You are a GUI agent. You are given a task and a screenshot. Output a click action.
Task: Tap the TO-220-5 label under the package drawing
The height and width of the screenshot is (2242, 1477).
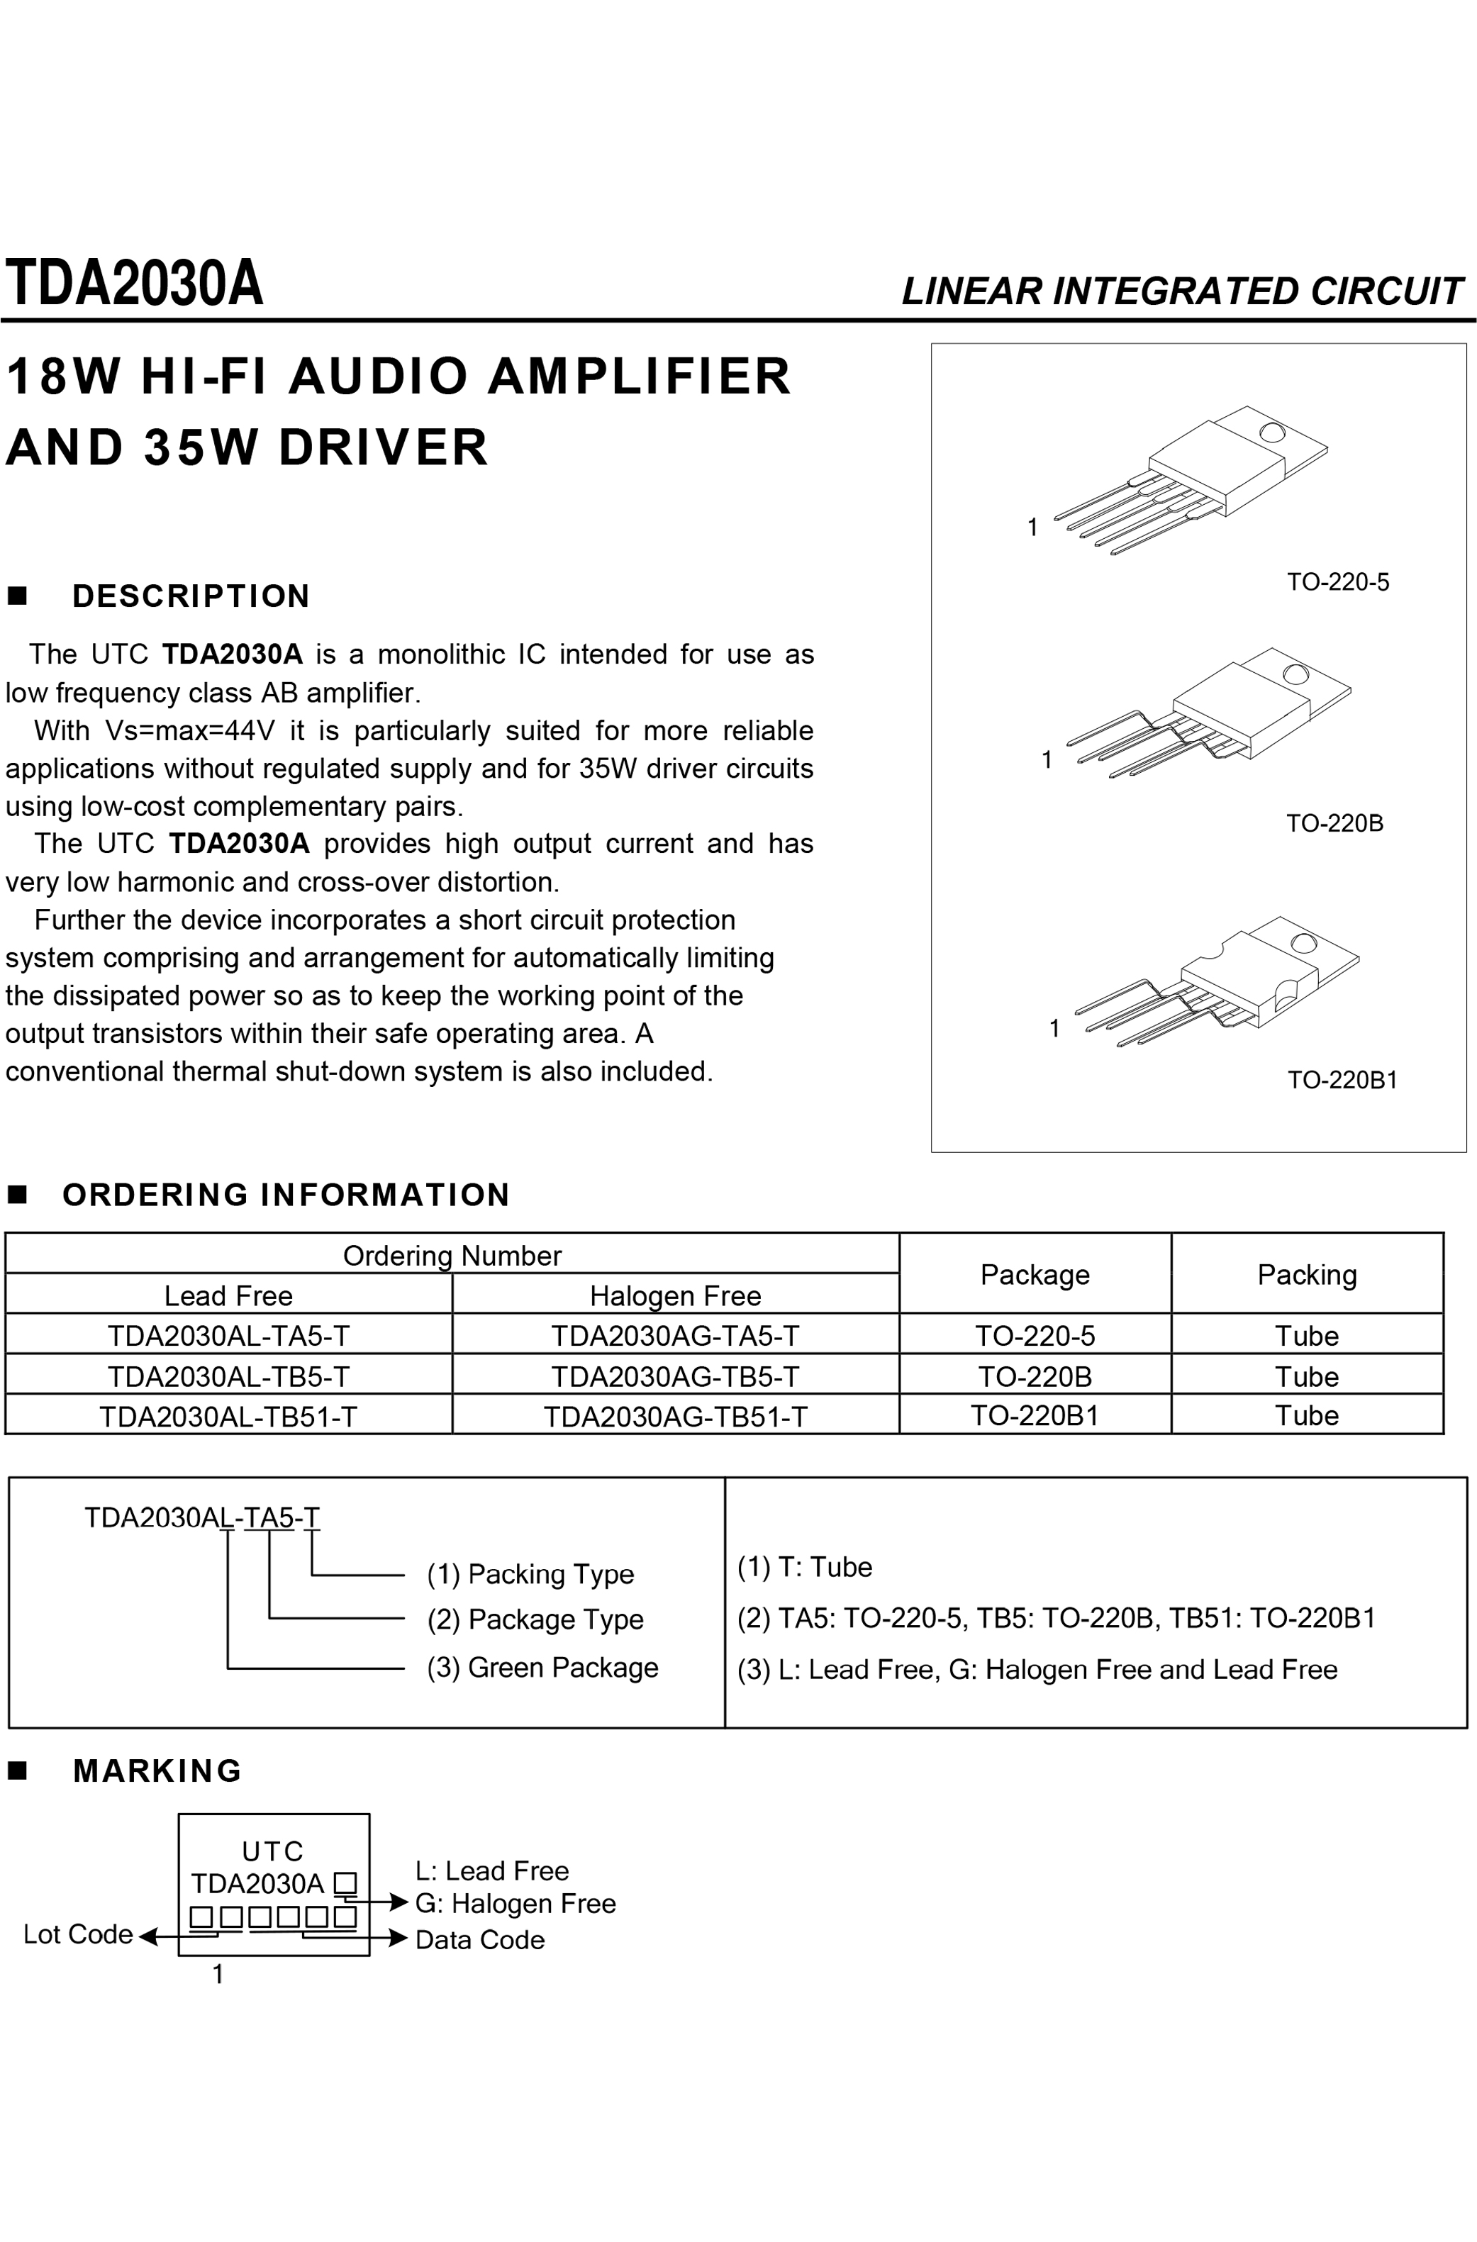coord(1337,582)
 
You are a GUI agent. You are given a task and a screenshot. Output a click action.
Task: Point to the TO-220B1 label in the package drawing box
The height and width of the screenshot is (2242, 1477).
coord(1342,1080)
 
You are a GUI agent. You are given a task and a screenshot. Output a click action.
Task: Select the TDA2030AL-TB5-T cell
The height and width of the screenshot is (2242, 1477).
coord(228,1376)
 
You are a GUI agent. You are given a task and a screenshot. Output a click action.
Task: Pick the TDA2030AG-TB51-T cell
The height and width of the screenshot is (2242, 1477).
coord(675,1416)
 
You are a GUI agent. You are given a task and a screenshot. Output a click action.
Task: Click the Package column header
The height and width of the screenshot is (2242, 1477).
coord(1035,1275)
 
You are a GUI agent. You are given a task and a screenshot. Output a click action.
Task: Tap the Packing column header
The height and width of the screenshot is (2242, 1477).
coord(1307,1275)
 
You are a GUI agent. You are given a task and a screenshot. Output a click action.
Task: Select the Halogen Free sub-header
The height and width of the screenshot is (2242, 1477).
coord(675,1295)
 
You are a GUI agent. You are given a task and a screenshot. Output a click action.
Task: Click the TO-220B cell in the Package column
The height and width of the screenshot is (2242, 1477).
coord(1035,1376)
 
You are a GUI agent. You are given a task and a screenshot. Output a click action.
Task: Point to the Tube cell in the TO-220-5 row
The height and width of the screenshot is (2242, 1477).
coord(1307,1336)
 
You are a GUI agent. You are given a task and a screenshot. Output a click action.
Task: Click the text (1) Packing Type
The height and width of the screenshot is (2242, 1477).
coord(530,1574)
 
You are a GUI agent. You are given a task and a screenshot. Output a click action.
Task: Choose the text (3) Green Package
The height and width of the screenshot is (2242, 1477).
coord(542,1668)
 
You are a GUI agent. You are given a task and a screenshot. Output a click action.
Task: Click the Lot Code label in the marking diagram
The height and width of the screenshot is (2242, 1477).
coord(78,1934)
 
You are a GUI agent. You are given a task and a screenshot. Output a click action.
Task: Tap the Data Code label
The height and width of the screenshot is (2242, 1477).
coord(479,1940)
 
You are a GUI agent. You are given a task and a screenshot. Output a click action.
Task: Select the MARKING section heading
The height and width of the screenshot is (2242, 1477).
coord(157,1771)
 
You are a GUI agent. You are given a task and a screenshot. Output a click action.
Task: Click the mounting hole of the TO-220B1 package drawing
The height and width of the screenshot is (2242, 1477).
coord(1304,943)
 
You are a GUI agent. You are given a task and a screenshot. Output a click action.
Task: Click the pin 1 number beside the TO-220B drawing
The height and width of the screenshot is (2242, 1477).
coord(1047,759)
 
